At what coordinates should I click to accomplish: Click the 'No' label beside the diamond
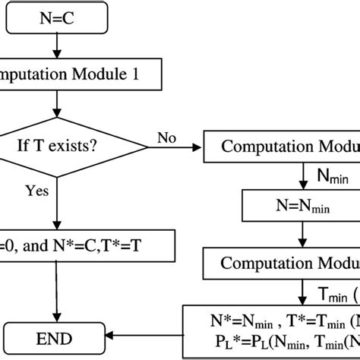pos(168,137)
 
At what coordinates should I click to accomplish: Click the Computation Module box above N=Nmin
pos(282,147)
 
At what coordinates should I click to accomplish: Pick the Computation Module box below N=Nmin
pos(282,263)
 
